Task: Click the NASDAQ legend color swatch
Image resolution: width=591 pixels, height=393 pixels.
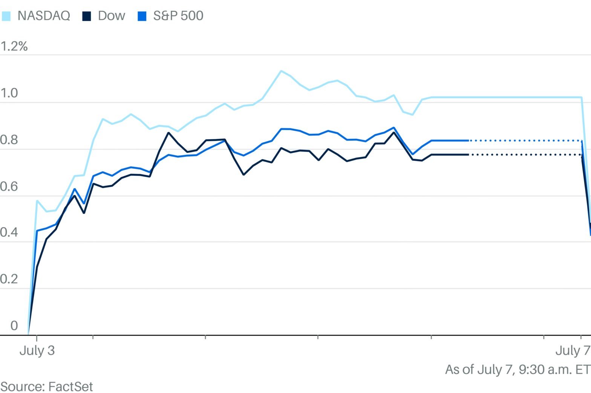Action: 6,16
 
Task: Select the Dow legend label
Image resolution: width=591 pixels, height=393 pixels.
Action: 111,16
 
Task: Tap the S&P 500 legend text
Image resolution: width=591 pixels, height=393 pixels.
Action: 178,16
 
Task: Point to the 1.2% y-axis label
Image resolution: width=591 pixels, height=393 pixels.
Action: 14,46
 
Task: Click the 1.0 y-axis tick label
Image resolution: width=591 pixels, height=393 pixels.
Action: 9,93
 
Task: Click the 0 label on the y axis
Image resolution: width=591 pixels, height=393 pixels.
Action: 14,325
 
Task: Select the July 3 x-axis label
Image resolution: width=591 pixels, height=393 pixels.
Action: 37,351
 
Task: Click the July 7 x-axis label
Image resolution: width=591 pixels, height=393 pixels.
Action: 573,351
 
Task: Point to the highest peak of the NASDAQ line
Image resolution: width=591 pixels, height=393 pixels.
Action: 281,71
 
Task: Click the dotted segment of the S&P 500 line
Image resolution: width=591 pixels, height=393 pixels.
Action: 524,140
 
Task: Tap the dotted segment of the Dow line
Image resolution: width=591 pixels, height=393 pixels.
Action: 524,155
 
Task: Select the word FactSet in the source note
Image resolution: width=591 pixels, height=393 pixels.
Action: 70,387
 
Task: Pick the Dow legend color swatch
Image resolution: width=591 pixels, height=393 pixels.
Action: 87,16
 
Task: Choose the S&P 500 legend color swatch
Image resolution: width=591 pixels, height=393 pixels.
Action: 142,16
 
